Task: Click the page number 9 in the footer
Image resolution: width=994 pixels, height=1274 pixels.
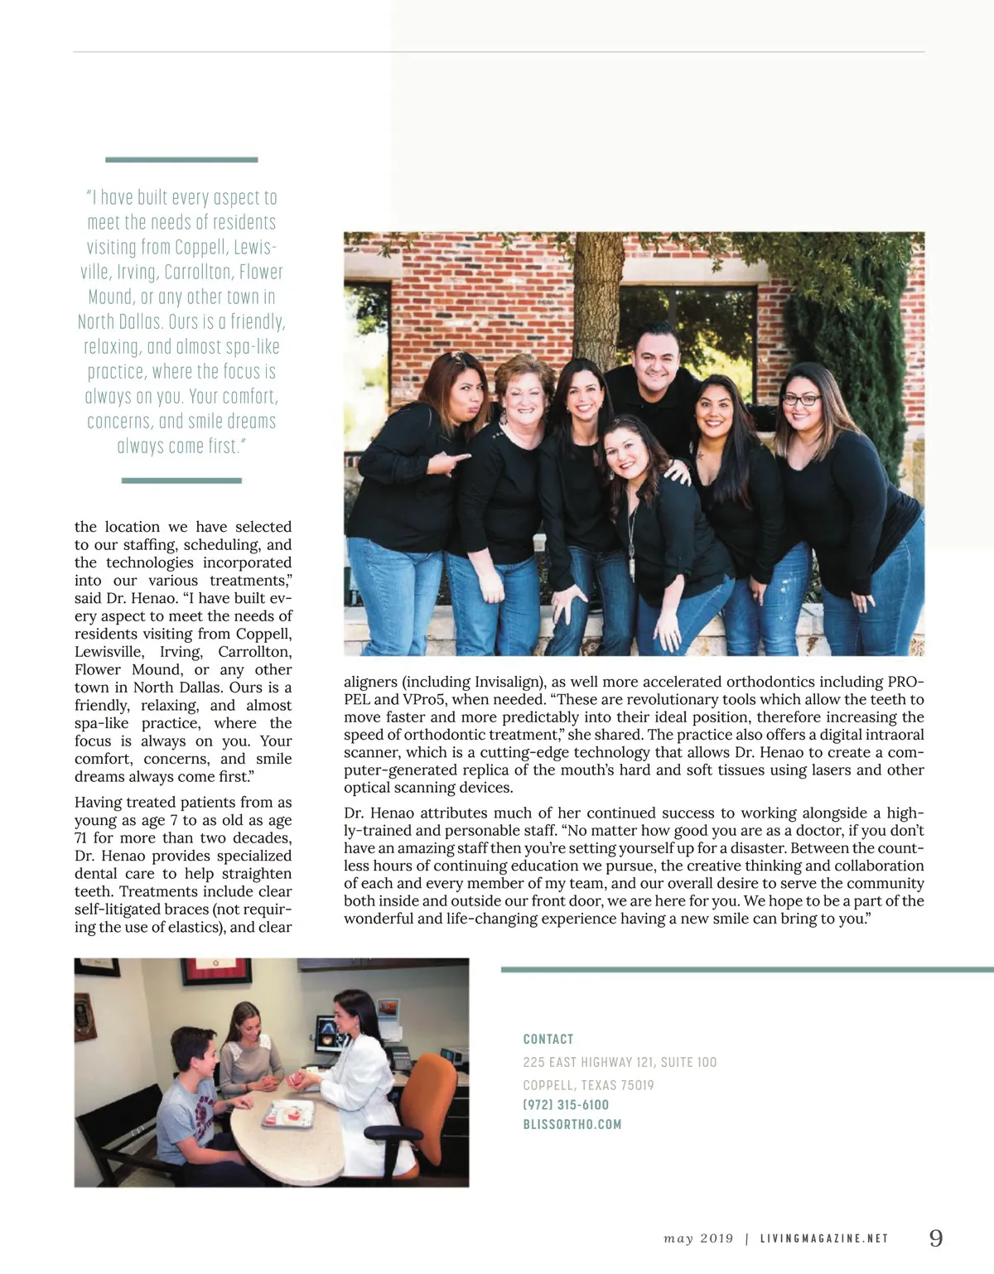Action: [x=936, y=1238]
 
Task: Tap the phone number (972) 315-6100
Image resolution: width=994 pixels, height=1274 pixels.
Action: [x=566, y=1105]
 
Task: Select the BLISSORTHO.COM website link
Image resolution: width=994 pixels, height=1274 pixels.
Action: [x=572, y=1125]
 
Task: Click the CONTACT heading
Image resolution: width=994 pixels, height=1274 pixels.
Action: [x=548, y=1040]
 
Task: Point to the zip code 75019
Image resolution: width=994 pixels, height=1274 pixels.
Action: [x=637, y=1085]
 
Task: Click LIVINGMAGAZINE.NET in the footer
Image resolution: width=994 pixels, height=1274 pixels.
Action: [x=824, y=1239]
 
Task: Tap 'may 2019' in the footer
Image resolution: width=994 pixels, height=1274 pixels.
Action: [x=698, y=1239]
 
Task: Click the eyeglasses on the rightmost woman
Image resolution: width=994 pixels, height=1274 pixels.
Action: [x=801, y=400]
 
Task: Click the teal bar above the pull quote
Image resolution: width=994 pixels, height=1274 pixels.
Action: [x=181, y=159]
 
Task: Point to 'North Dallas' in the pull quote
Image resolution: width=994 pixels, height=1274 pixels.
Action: [x=119, y=322]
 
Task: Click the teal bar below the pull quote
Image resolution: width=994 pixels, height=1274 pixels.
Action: [x=181, y=480]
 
